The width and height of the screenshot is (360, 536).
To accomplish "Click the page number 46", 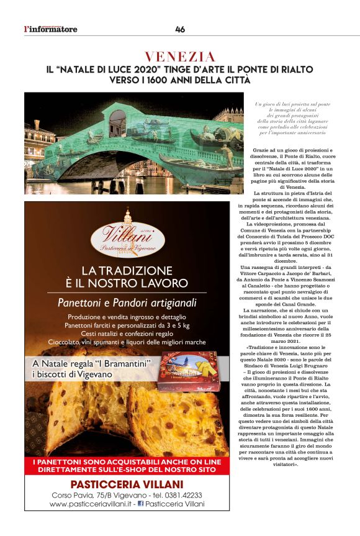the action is click(x=180, y=29).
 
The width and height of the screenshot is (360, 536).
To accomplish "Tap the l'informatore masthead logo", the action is click(x=51, y=29).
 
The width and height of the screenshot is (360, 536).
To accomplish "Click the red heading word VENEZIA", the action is click(x=180, y=57).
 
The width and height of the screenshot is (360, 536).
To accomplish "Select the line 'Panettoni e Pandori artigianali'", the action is click(x=127, y=303).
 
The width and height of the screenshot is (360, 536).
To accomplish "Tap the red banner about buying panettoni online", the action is click(x=127, y=467).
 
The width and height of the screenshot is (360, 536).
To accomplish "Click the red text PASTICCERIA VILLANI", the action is click(x=127, y=484).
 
